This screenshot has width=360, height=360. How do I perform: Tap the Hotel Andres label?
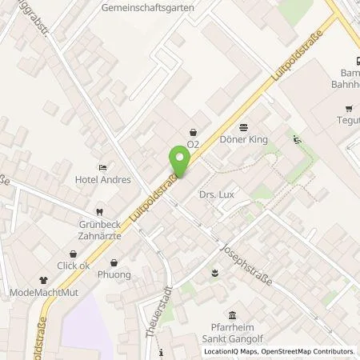point(103,180)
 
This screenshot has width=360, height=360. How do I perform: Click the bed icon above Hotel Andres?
point(103,166)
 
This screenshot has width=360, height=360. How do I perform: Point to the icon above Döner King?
point(244,126)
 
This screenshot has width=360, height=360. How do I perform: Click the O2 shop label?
point(192,145)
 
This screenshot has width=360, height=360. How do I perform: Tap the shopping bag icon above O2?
point(193,132)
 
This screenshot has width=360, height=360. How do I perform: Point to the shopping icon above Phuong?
point(114,262)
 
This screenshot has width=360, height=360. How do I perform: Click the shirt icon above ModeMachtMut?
point(43,280)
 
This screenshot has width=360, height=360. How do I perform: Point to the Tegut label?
point(348,122)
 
